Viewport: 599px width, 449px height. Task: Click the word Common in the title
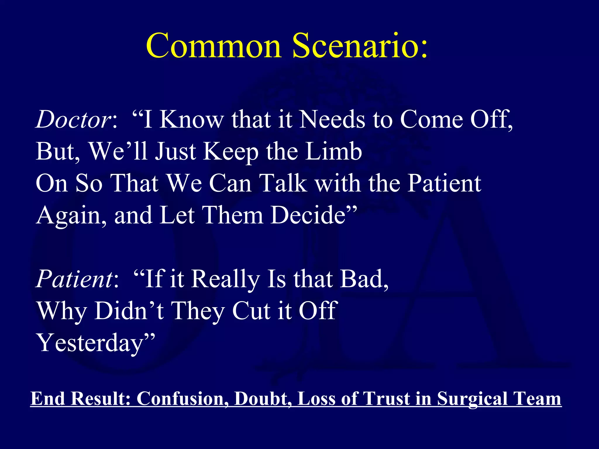pyautogui.click(x=214, y=46)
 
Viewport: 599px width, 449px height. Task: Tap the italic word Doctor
pyautogui.click(x=73, y=120)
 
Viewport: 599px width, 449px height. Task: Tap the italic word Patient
pyautogui.click(x=75, y=279)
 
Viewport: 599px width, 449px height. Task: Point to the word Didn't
pyautogui.click(x=129, y=311)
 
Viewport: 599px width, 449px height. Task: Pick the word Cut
pyautogui.click(x=252, y=311)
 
